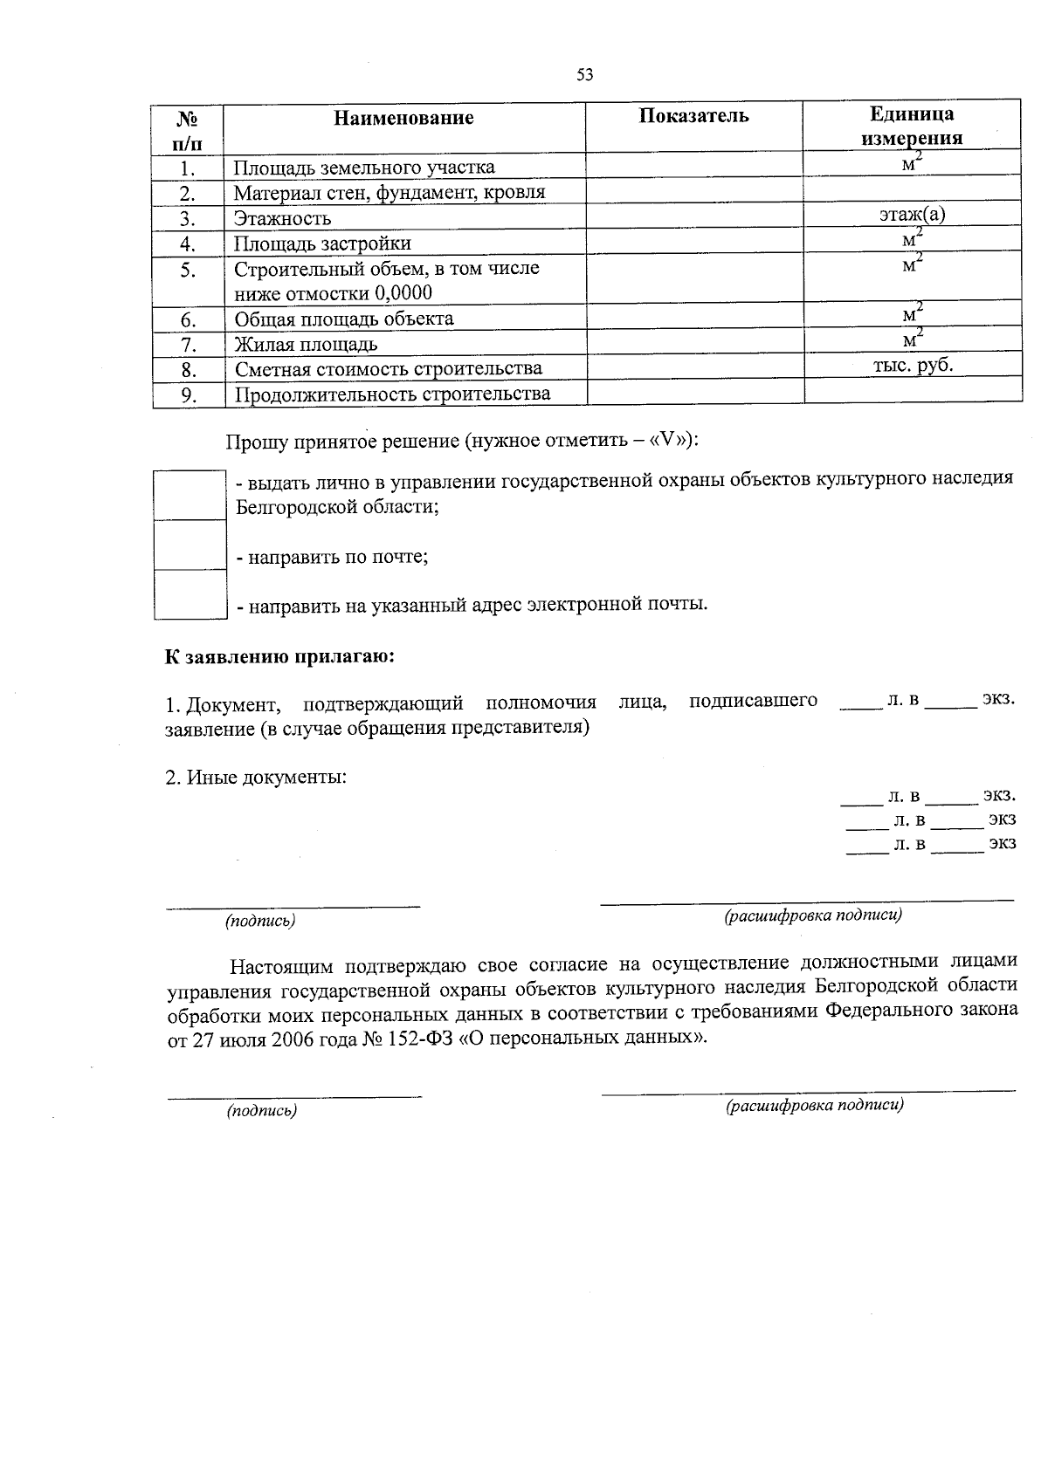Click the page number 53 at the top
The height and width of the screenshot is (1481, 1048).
(584, 75)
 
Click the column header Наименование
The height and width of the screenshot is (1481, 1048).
(403, 118)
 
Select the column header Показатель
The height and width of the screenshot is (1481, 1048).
(693, 116)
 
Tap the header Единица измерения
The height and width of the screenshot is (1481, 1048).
(912, 126)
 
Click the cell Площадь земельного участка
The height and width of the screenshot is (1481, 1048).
(363, 168)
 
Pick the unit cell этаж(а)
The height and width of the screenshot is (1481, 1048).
(913, 214)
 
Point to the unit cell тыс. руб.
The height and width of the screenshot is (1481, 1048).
(913, 365)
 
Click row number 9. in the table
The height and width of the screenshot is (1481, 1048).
(188, 395)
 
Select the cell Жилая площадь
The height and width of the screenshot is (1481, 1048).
(306, 344)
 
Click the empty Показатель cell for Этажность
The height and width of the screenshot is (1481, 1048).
(693, 216)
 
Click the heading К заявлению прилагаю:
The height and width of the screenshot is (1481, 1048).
(280, 656)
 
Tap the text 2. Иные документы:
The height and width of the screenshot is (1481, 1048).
(256, 777)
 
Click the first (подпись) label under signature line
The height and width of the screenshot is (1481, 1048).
(260, 920)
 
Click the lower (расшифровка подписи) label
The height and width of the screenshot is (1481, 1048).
(814, 1105)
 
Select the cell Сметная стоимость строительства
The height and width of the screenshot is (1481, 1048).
(388, 369)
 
